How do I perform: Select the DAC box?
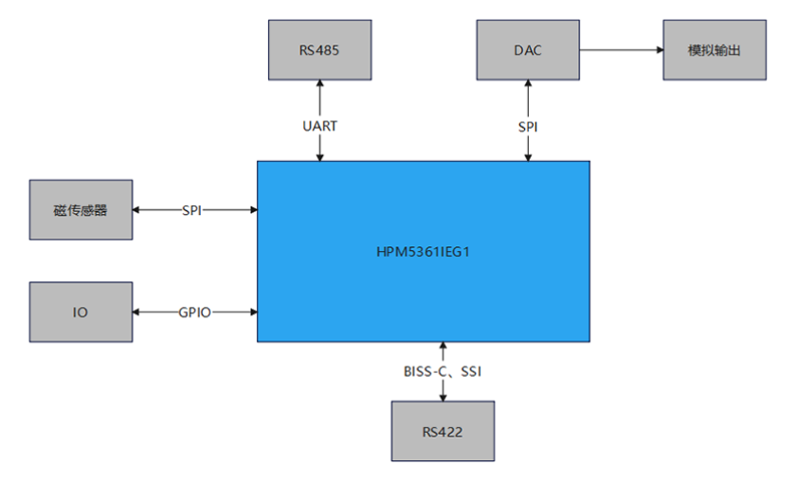pos(528,49)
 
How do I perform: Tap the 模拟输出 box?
pos(713,49)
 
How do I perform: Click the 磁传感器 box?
pos(81,210)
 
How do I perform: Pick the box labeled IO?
pos(81,312)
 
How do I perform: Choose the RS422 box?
pos(443,432)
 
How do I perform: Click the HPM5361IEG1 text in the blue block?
pos(423,251)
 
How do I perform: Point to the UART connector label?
pos(320,126)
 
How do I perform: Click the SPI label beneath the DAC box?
pos(528,126)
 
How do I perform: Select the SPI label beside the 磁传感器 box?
pos(192,210)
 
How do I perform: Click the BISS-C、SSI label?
pos(443,372)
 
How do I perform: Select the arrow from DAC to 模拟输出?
pos(621,49)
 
